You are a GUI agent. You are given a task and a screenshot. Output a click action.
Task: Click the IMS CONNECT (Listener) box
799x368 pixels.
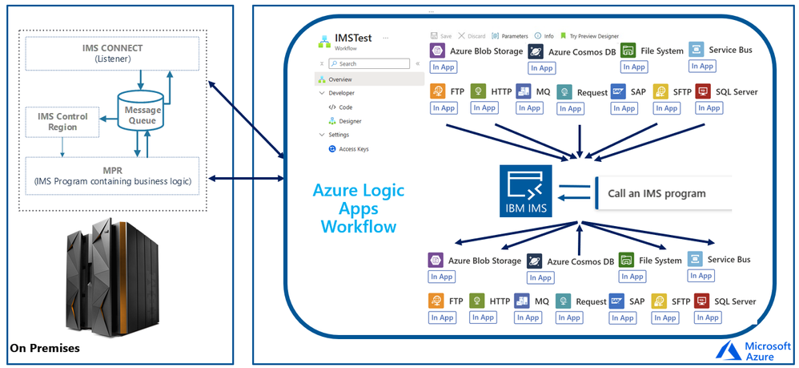point(111,53)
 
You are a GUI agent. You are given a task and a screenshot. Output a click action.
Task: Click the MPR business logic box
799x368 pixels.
point(111,175)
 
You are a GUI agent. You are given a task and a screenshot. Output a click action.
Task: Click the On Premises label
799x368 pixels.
point(45,349)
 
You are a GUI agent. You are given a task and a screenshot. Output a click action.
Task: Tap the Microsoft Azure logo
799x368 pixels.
point(749,350)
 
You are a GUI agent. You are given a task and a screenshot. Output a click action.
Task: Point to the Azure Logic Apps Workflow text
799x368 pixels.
point(358,208)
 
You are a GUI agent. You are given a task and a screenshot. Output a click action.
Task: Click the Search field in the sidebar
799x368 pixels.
point(370,63)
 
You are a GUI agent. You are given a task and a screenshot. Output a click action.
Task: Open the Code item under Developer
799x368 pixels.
point(345,107)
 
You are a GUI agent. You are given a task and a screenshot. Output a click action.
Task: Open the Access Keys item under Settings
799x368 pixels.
point(352,148)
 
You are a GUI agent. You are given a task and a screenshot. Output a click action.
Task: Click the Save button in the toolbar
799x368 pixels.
point(441,36)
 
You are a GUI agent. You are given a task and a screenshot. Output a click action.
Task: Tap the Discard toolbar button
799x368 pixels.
point(472,36)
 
